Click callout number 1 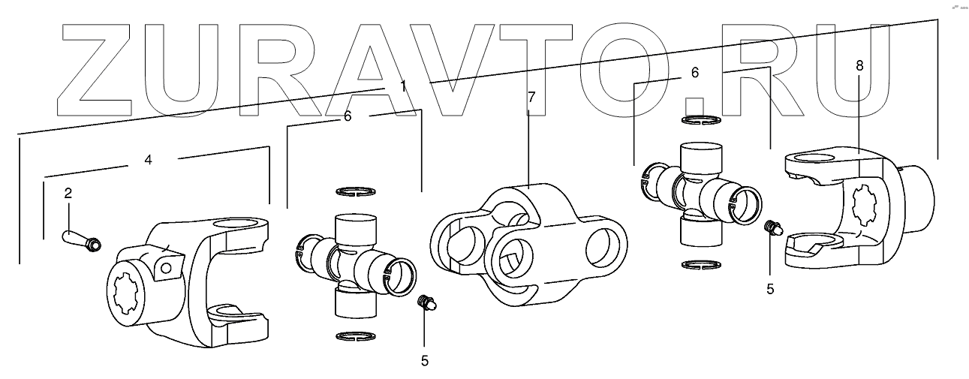[403, 86]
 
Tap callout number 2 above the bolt [68, 193]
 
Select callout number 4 [149, 160]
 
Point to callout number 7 [531, 98]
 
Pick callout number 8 [859, 65]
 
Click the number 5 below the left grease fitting [424, 360]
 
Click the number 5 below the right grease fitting [769, 287]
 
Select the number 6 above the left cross [347, 116]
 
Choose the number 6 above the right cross [694, 73]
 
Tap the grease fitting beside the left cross [426, 303]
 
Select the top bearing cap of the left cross [354, 223]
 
